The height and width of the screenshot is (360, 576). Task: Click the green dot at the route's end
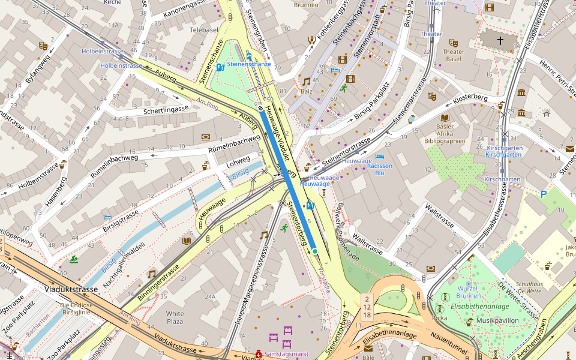[314, 251]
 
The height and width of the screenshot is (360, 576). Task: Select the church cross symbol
[500, 41]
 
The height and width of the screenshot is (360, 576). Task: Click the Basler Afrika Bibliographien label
[445, 134]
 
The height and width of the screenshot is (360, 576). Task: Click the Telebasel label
[203, 29]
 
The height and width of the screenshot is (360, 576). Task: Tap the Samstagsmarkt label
[287, 354]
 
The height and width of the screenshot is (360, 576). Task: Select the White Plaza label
[175, 318]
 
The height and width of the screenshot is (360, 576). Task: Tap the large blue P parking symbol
[544, 194]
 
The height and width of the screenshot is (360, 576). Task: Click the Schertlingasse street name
[166, 109]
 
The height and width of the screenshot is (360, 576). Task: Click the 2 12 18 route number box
[367, 307]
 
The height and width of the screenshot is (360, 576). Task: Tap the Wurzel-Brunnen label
[468, 292]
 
